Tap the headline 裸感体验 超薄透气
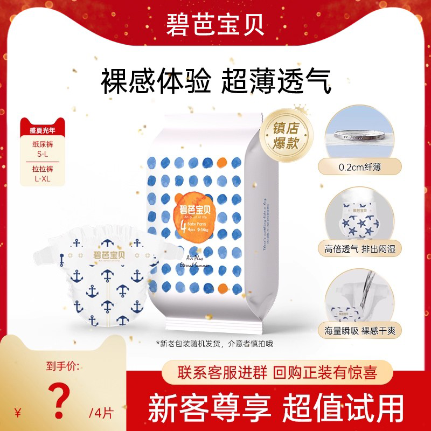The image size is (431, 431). [215, 82]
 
